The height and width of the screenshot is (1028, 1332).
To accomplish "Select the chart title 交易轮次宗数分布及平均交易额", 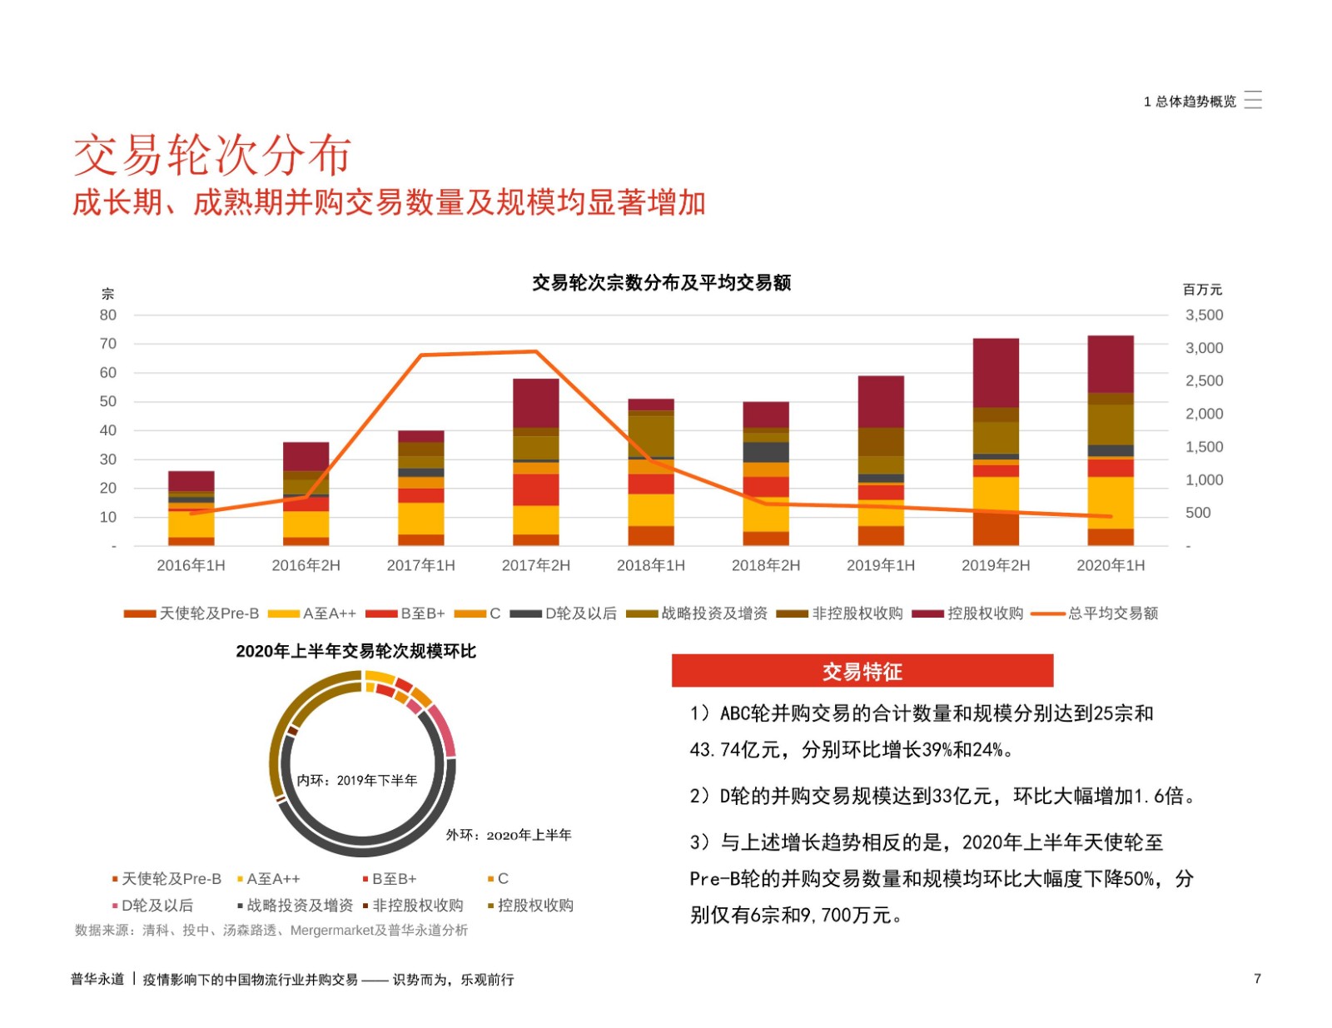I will coord(661,283).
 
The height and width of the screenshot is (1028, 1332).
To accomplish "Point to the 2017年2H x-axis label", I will coord(535,565).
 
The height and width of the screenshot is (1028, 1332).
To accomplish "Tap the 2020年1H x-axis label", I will coord(1110,565).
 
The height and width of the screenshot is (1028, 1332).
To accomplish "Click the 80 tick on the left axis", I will coord(108,315).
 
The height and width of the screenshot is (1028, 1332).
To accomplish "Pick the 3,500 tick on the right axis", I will coord(1204,315).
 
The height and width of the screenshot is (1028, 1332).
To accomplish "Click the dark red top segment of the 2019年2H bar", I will coord(996,372).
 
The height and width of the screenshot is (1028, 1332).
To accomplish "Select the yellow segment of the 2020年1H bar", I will coord(1110,503).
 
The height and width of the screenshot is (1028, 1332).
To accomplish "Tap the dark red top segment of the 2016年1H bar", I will coord(191,481).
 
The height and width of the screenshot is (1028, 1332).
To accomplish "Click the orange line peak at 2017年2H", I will coord(535,352).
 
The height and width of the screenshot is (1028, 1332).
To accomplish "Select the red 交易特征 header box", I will coord(862,671).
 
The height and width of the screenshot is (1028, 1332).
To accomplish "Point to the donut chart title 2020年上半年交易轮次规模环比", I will coord(355,651).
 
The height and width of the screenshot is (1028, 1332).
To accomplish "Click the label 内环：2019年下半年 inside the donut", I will coord(357,780).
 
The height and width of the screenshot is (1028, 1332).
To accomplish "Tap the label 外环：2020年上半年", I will coord(508,835).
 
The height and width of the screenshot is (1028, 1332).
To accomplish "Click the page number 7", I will coord(1257,979).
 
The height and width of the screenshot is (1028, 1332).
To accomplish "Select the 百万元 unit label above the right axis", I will coord(1202,290).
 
